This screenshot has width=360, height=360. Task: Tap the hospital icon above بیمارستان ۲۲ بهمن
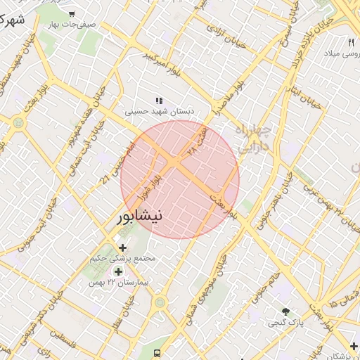(117, 271)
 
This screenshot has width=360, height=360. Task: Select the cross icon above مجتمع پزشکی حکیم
(123, 247)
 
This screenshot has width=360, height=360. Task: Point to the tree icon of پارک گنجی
(285, 311)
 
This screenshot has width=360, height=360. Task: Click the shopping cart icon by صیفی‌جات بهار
(72, 13)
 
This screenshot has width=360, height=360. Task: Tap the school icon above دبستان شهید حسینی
(159, 101)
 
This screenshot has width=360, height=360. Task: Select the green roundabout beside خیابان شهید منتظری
(18, 122)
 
